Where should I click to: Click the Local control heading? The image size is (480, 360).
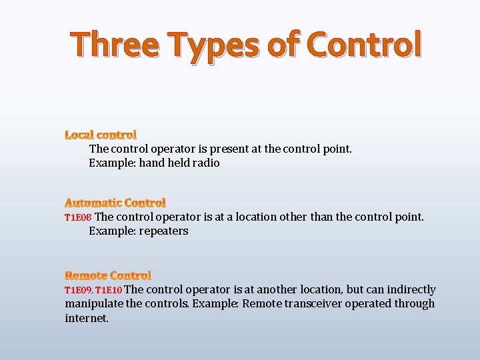pos(101,135)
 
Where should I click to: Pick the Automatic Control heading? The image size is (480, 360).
pos(115,203)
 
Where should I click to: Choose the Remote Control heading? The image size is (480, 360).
pos(108,275)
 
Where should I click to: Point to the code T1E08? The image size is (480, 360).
pos(78,217)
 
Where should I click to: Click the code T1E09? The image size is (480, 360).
pos(78,290)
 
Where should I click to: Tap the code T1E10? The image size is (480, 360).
pos(109,290)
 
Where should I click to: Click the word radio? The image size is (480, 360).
pos(205,163)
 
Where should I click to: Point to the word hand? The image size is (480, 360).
pos(151,163)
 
